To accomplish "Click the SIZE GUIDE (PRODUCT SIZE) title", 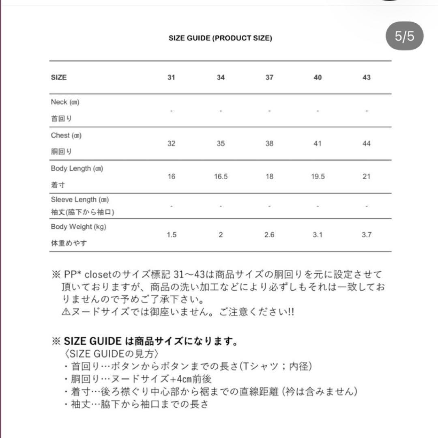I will click(220, 39).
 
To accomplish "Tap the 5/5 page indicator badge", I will click(404, 36).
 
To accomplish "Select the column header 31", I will click(171, 77).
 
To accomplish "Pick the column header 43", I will click(366, 77).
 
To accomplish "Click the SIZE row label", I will click(59, 77).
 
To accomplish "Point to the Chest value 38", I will click(269, 144).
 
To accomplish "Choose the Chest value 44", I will click(366, 144).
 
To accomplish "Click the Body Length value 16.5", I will click(220, 177).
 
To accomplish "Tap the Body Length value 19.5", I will click(318, 177).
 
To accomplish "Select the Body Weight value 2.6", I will click(269, 235).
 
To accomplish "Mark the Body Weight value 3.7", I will click(366, 235).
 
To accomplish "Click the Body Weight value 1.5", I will click(171, 235).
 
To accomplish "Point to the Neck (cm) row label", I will click(65, 102).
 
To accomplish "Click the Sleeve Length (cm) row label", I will click(79, 200).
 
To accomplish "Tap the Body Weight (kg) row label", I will click(78, 227).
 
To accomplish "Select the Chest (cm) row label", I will click(66, 135).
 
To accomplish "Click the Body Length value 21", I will click(366, 177).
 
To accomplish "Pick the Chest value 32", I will click(171, 144).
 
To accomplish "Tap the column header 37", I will click(269, 77).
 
